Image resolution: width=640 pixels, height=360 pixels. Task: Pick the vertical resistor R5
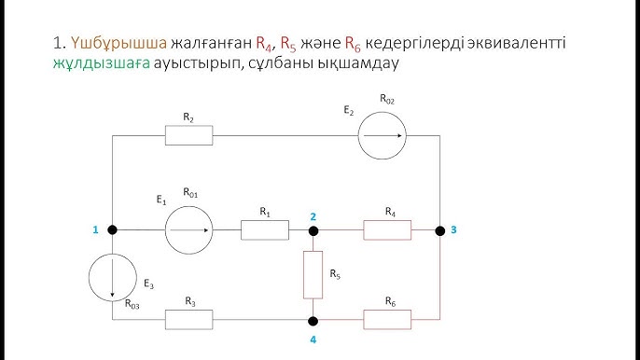tap(313, 274)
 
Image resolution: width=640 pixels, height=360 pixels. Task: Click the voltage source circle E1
tap(189, 229)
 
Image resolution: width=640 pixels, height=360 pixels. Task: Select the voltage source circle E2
tap(384, 135)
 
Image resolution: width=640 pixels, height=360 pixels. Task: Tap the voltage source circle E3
tap(112, 275)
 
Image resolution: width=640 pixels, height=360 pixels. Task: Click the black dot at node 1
tap(112, 229)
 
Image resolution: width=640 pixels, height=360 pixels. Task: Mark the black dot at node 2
tap(313, 229)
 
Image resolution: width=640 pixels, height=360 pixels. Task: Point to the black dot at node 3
tap(438, 229)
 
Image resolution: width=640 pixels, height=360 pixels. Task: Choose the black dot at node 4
tap(313, 319)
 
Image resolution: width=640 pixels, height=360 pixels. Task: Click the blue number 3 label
tap(452, 229)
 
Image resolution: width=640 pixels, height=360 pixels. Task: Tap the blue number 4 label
tap(313, 339)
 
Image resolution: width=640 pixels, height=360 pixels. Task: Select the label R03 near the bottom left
tap(133, 302)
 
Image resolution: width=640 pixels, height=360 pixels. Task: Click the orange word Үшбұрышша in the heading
tap(118, 44)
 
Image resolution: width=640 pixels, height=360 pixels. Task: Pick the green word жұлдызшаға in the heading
tap(89, 66)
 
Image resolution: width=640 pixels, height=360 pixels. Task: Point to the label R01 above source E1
tap(192, 193)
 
